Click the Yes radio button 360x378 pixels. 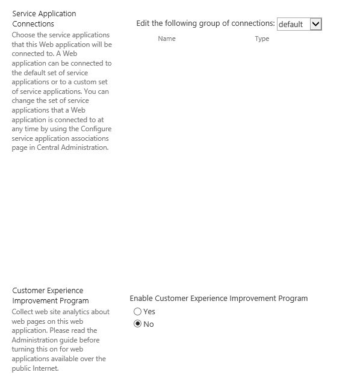tap(138, 312)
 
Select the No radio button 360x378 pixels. tap(138, 324)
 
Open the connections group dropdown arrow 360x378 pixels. tap(316, 24)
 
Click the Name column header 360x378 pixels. tap(167, 39)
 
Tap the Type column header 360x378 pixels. tap(262, 39)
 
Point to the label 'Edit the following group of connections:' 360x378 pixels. tap(205, 23)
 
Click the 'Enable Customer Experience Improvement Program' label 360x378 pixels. tap(219, 299)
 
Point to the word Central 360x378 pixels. tap(52, 147)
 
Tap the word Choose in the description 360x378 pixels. tap(23, 35)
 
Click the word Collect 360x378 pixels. tap(24, 312)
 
